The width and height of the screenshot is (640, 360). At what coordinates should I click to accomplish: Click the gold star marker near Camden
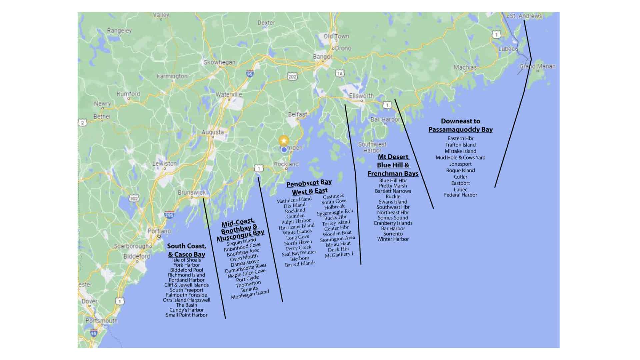(x=284, y=140)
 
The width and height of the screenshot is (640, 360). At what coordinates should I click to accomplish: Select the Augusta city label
(x=213, y=132)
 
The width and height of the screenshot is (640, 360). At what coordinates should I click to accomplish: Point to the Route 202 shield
(x=292, y=77)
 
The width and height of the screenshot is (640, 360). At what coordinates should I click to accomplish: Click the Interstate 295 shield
(x=169, y=215)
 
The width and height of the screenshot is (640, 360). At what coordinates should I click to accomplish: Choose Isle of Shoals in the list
(x=186, y=260)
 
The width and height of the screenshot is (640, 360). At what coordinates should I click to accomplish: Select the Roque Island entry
(x=460, y=170)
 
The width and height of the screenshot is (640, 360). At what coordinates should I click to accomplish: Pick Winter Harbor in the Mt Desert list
(x=393, y=239)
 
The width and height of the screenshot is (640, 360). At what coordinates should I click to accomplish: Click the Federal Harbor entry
(x=460, y=195)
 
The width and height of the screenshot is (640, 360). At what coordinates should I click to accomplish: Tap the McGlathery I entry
(x=339, y=255)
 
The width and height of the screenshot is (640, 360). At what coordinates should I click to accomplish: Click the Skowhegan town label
(x=219, y=62)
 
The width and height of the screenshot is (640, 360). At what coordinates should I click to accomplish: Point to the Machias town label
(x=465, y=67)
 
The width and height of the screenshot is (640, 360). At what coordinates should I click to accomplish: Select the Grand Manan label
(x=537, y=66)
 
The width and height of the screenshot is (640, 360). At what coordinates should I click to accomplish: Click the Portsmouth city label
(x=101, y=321)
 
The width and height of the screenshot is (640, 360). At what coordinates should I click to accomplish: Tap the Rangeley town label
(x=119, y=31)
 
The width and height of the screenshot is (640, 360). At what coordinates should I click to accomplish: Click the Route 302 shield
(x=134, y=199)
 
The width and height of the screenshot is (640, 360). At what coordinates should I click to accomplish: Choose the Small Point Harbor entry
(x=186, y=315)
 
